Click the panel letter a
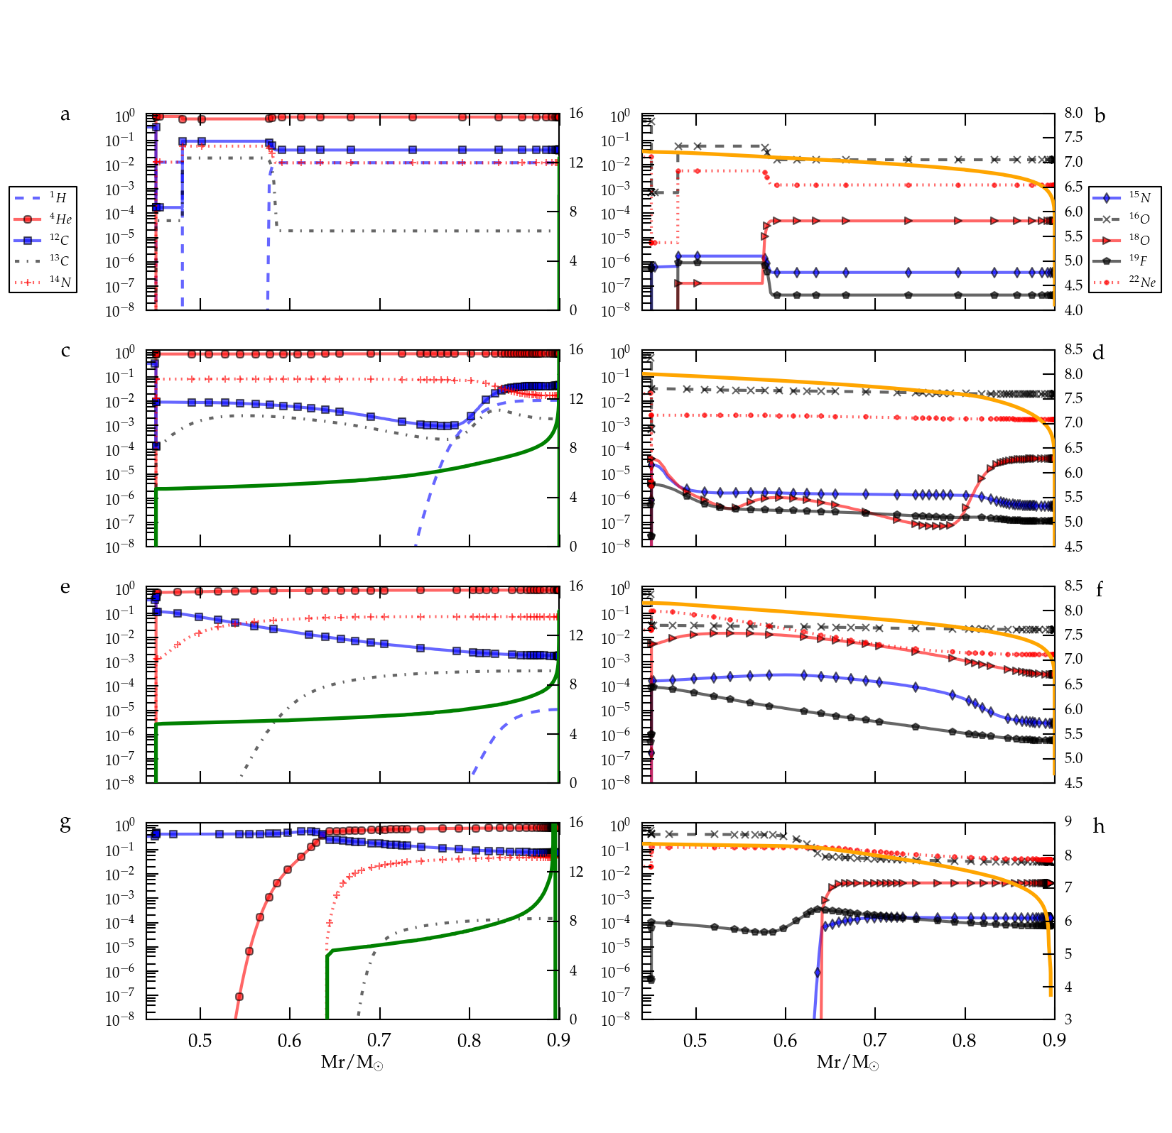coord(65,114)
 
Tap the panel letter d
coord(1099,352)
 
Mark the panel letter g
coord(65,823)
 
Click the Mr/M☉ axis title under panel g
coord(352,1062)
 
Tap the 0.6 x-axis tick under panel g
coord(289,1041)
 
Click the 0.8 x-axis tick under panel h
coord(965,1041)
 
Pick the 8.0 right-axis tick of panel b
coord(1073,114)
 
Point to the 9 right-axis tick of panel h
coord(1068,821)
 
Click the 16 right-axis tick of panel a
coord(576,114)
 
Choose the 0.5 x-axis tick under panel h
coord(695,1041)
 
